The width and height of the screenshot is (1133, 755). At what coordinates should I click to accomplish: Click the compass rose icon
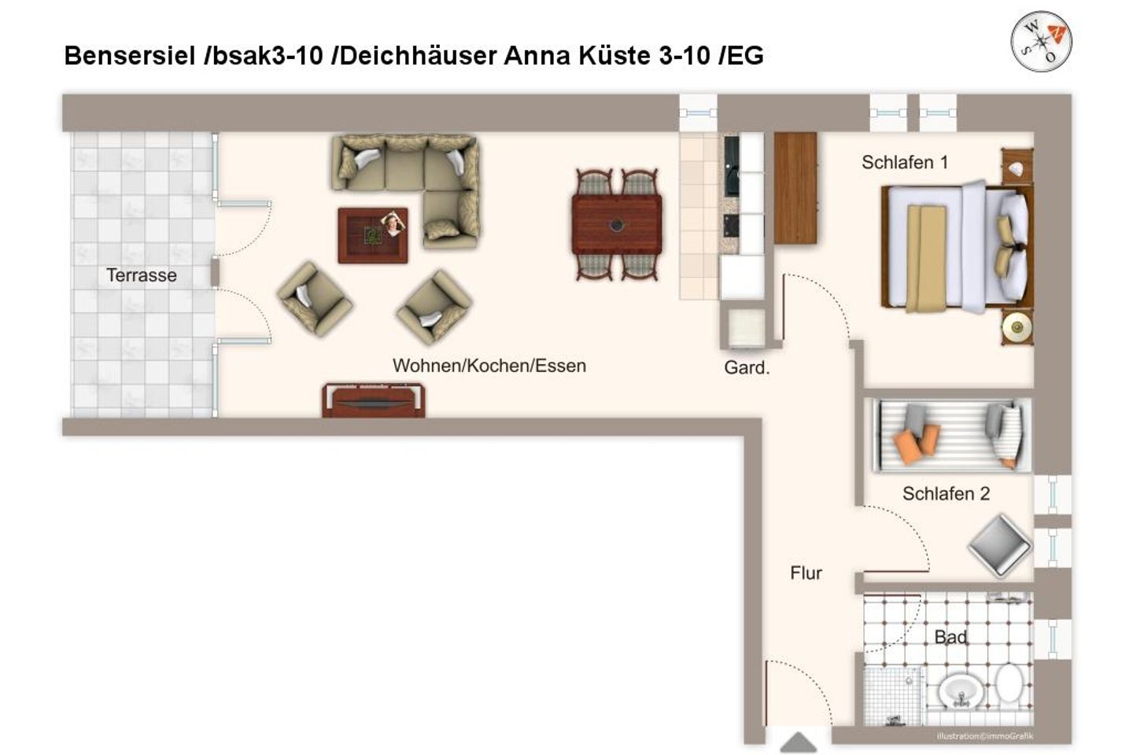coord(1041,40)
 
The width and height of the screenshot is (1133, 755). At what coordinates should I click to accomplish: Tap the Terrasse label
coord(142,275)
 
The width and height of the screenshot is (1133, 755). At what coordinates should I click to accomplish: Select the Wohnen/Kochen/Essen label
coord(489,366)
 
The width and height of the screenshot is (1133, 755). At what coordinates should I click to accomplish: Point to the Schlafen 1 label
coord(904,163)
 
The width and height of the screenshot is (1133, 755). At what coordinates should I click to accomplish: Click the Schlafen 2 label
coord(946,494)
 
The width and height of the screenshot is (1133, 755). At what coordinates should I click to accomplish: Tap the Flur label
coord(806,573)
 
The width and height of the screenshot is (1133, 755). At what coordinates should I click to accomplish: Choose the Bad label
coord(950,637)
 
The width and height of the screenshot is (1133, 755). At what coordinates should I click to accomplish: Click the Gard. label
coord(746,367)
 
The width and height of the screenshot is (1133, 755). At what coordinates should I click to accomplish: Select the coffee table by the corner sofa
coord(373,235)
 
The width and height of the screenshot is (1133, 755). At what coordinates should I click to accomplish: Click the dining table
coord(617,224)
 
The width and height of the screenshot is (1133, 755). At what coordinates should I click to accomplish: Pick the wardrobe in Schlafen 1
coord(795,187)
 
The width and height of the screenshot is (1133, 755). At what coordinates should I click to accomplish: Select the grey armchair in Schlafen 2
coord(999,544)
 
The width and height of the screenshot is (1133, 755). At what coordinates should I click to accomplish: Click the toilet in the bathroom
coord(1008,683)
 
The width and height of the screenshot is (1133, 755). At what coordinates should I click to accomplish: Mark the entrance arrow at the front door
coord(798,742)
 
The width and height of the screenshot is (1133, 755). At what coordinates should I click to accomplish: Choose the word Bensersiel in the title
coord(130,56)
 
